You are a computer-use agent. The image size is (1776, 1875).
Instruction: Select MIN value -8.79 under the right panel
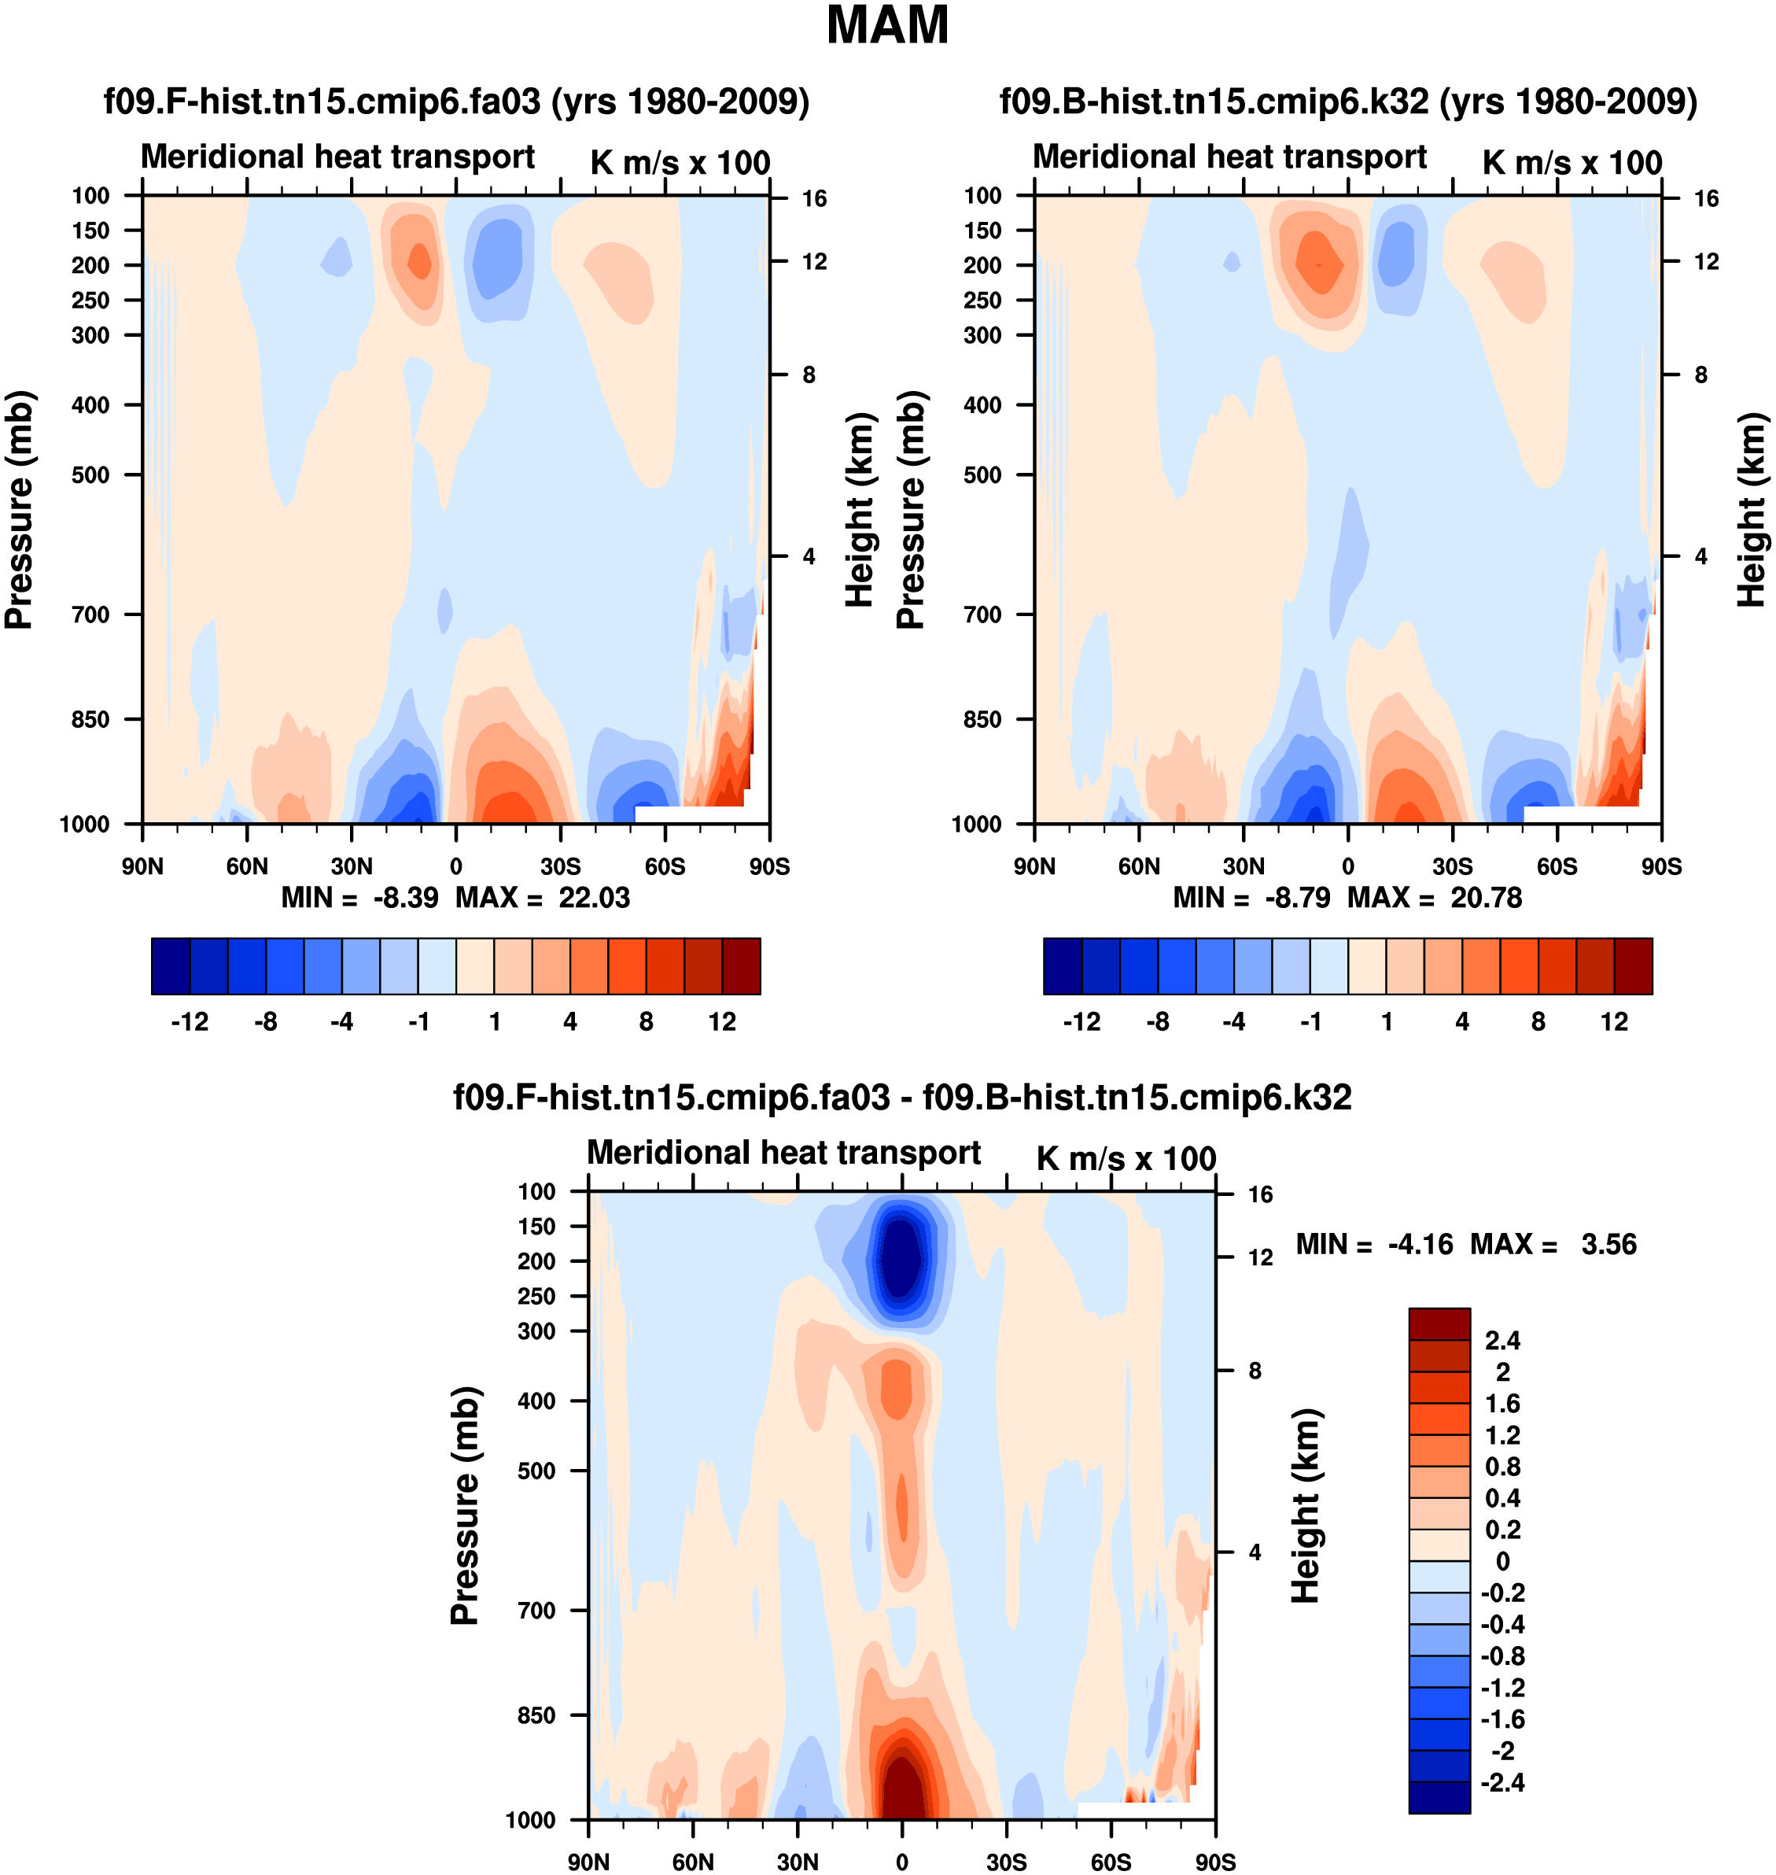click(x=1297, y=898)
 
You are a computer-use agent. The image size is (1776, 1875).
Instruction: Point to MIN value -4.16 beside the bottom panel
click(x=1420, y=1244)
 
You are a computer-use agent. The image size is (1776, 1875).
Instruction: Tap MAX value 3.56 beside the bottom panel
click(x=1608, y=1244)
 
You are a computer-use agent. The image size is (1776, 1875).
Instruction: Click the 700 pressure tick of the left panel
click(x=91, y=615)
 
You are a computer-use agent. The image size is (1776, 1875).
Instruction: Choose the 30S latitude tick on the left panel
click(x=561, y=866)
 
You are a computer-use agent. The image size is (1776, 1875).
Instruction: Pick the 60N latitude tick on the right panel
click(x=1139, y=866)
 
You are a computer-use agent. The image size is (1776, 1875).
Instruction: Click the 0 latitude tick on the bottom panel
click(x=902, y=1862)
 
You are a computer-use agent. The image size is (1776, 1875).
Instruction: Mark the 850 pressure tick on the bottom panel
click(x=536, y=1715)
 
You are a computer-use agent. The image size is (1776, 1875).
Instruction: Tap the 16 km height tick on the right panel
click(x=1706, y=199)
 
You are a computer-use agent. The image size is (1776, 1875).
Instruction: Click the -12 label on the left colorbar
click(x=190, y=1022)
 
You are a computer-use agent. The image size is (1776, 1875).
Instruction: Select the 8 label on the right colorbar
click(x=1538, y=1022)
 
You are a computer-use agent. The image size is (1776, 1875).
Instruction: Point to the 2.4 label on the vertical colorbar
click(x=1502, y=1341)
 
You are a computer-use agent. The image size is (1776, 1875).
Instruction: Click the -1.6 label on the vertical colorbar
click(x=1502, y=1718)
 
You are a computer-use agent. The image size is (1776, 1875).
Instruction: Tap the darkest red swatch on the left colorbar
click(x=741, y=966)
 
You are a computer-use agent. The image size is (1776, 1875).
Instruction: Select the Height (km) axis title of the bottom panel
click(x=1306, y=1506)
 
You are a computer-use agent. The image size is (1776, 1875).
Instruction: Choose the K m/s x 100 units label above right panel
click(x=1572, y=163)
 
